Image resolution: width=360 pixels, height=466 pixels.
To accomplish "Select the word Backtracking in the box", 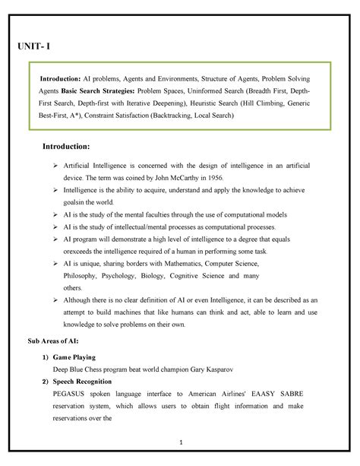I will pos(182,116).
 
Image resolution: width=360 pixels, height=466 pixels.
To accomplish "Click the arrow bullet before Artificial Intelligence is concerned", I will pos(55,165).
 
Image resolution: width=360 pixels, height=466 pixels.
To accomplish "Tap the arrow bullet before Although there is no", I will pos(55,300).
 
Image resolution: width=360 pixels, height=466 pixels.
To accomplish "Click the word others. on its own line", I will pos(73,287).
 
